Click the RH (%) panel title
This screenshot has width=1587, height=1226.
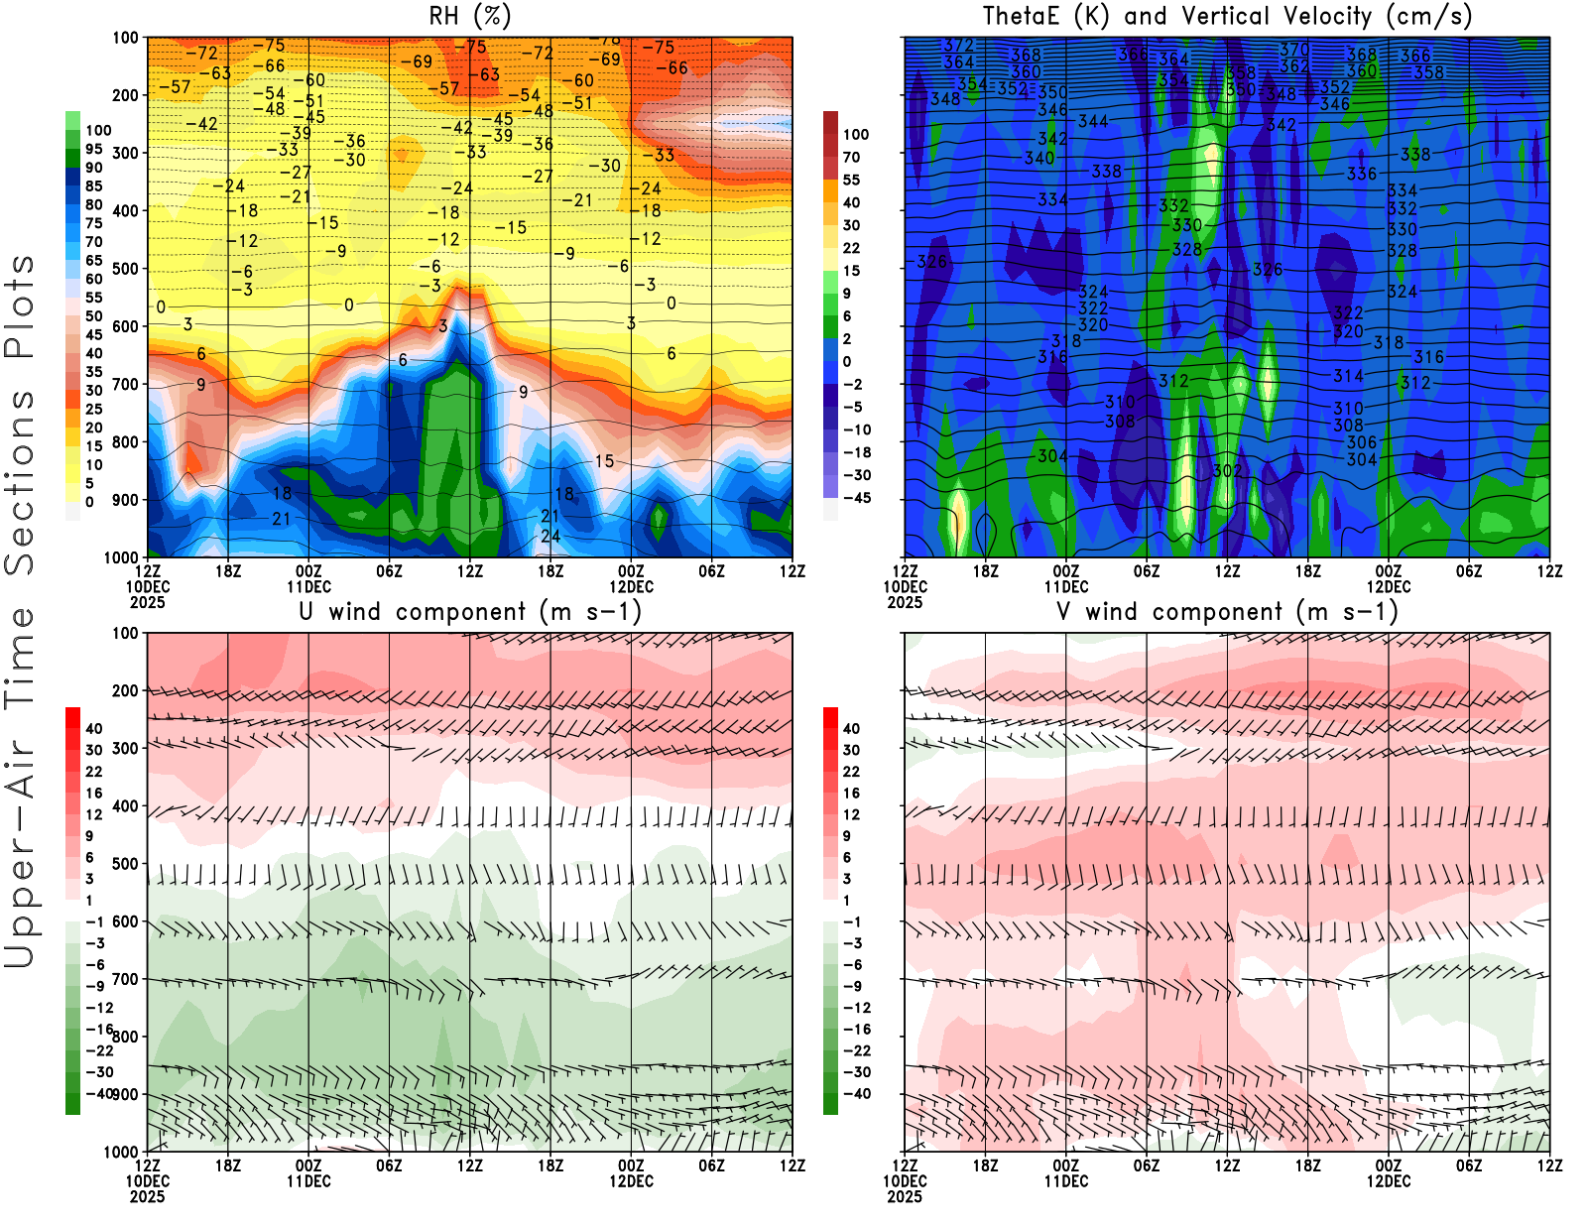(x=469, y=16)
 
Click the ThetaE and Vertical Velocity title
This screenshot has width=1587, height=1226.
(x=1227, y=16)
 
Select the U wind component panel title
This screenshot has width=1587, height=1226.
(x=470, y=611)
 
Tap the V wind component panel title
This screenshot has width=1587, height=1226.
(x=1227, y=611)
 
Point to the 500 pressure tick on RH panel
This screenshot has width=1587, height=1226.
(x=125, y=269)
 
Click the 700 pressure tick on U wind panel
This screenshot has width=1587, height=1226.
(x=125, y=980)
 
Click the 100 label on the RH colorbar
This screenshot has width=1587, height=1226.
(x=98, y=130)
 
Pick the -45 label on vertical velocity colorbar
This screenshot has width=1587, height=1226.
(x=856, y=498)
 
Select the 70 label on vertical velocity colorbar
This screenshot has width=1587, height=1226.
(x=851, y=157)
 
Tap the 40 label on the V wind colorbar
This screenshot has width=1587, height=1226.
(x=851, y=728)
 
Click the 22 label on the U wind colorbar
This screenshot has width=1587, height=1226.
(x=93, y=772)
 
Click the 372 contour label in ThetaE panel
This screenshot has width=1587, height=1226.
(x=958, y=46)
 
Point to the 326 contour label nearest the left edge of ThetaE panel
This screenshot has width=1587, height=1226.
(x=931, y=262)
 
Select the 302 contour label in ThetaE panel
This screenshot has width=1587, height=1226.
(x=1227, y=470)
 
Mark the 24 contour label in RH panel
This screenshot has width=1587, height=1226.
(x=549, y=537)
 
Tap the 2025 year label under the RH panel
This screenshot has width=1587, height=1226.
(x=147, y=602)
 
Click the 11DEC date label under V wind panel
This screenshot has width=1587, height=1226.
(x=1065, y=1181)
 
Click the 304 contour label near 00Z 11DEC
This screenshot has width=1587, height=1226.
(x=1052, y=456)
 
